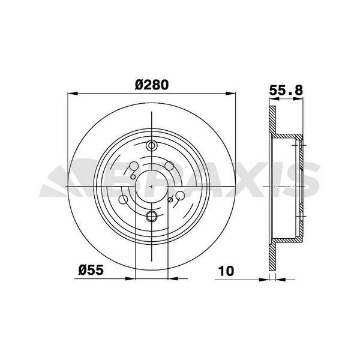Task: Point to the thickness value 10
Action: pos(226,269)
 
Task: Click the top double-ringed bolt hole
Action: pos(151,145)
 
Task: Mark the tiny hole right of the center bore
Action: pos(170,200)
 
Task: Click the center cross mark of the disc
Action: pos(151,186)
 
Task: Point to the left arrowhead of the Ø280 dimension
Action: pos(72,93)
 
